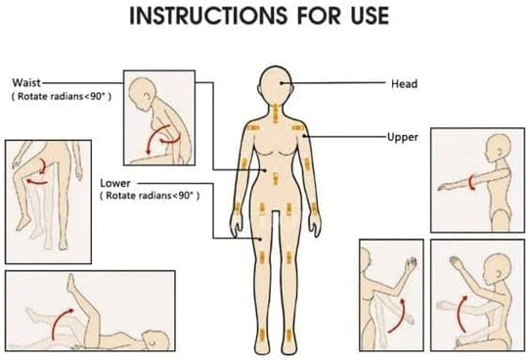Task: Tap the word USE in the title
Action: click(370, 16)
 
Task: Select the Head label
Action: click(404, 83)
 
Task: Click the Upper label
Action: click(403, 137)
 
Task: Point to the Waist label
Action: click(26, 82)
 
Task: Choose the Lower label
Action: click(115, 183)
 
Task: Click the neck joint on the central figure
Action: click(276, 113)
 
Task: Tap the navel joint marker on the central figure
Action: click(276, 179)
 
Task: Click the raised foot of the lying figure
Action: click(70, 282)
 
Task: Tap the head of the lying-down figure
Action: click(155, 339)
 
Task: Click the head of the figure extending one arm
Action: click(499, 148)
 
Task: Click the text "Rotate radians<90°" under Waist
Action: click(62, 96)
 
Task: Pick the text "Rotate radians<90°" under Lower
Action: click(150, 196)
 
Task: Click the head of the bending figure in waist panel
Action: click(143, 92)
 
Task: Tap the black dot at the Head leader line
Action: click(281, 83)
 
